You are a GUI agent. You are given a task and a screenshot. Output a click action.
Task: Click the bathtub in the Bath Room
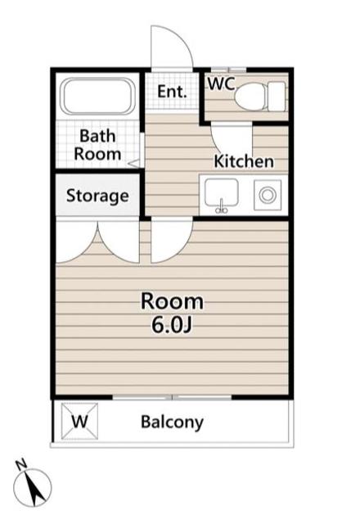[99, 97]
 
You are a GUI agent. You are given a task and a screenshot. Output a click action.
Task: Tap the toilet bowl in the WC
[250, 97]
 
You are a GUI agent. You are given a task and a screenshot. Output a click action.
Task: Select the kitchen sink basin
[222, 193]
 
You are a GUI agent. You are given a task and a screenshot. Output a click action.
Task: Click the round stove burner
[268, 195]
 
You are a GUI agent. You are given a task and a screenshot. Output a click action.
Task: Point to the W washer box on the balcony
[80, 422]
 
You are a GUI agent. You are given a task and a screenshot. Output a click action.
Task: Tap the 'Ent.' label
[172, 91]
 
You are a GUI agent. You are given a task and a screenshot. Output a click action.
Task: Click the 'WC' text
[222, 84]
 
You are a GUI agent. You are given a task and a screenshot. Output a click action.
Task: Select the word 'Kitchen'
[244, 161]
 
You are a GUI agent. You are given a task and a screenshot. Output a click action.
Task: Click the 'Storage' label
[97, 196]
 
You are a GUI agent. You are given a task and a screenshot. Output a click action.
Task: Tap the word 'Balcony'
[172, 422]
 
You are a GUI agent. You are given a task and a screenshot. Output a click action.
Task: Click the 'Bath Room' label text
[97, 145]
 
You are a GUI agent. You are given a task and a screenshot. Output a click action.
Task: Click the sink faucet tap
[222, 206]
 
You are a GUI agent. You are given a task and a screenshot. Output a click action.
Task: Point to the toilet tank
[277, 97]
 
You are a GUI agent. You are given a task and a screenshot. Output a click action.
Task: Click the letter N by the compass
[21, 464]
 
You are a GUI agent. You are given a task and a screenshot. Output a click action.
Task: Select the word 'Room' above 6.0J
[172, 301]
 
